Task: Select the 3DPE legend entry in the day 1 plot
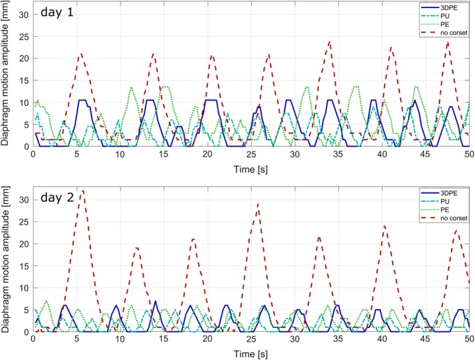pyautogui.click(x=451, y=7)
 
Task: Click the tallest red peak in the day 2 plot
pyautogui.click(x=82, y=191)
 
